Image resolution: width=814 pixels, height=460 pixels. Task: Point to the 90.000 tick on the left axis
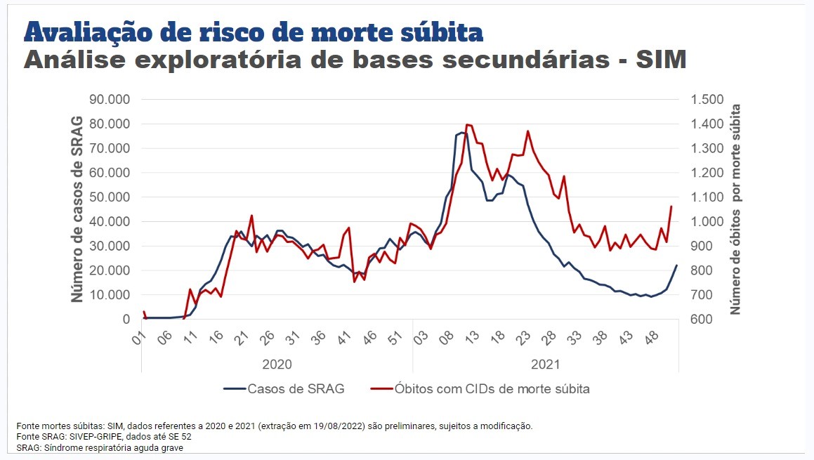pos(110,100)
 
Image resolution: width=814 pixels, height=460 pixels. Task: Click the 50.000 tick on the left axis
pos(110,197)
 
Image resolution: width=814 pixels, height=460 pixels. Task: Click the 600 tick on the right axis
pos(705,320)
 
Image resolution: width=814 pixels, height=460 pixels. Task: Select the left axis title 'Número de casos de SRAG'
pos(78,209)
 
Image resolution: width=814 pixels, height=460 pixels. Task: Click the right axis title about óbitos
pos(736,209)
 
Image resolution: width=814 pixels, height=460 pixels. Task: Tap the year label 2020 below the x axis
pos(277,364)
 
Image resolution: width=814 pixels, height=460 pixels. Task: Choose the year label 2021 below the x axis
pos(545,364)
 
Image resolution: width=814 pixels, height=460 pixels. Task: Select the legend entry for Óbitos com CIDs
pos(492,388)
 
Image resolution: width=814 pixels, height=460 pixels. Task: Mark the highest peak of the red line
pos(467,124)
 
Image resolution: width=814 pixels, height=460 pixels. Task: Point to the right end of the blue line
pos(677,265)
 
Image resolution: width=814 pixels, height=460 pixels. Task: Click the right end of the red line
pos(671,206)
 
